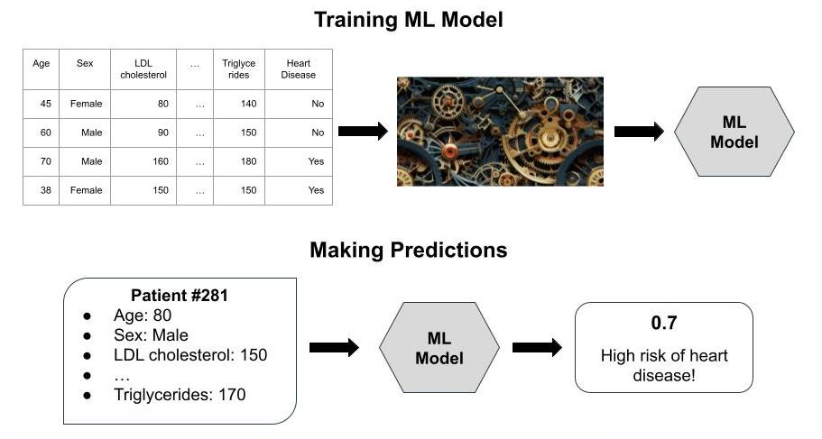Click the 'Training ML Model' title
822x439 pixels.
(409, 20)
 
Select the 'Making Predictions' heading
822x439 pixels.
(409, 250)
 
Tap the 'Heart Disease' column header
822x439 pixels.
(299, 69)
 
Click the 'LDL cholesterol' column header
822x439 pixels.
(143, 69)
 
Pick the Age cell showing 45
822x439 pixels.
(41, 104)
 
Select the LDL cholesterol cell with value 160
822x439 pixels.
(143, 161)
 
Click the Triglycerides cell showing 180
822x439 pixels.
(239, 161)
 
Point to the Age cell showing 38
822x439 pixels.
(41, 190)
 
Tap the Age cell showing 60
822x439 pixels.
(41, 133)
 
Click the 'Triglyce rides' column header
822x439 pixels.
(239, 69)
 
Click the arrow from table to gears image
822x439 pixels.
(363, 131)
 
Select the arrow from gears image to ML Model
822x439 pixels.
(639, 131)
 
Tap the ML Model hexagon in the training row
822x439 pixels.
(734, 132)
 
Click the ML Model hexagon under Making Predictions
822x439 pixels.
(439, 348)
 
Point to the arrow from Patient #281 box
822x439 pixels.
(334, 347)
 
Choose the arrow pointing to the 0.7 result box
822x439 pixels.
(537, 347)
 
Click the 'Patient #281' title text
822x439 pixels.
(180, 296)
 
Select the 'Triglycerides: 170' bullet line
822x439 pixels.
(180, 395)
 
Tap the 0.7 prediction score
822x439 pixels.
(664, 323)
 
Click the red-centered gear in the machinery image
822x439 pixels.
(449, 152)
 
